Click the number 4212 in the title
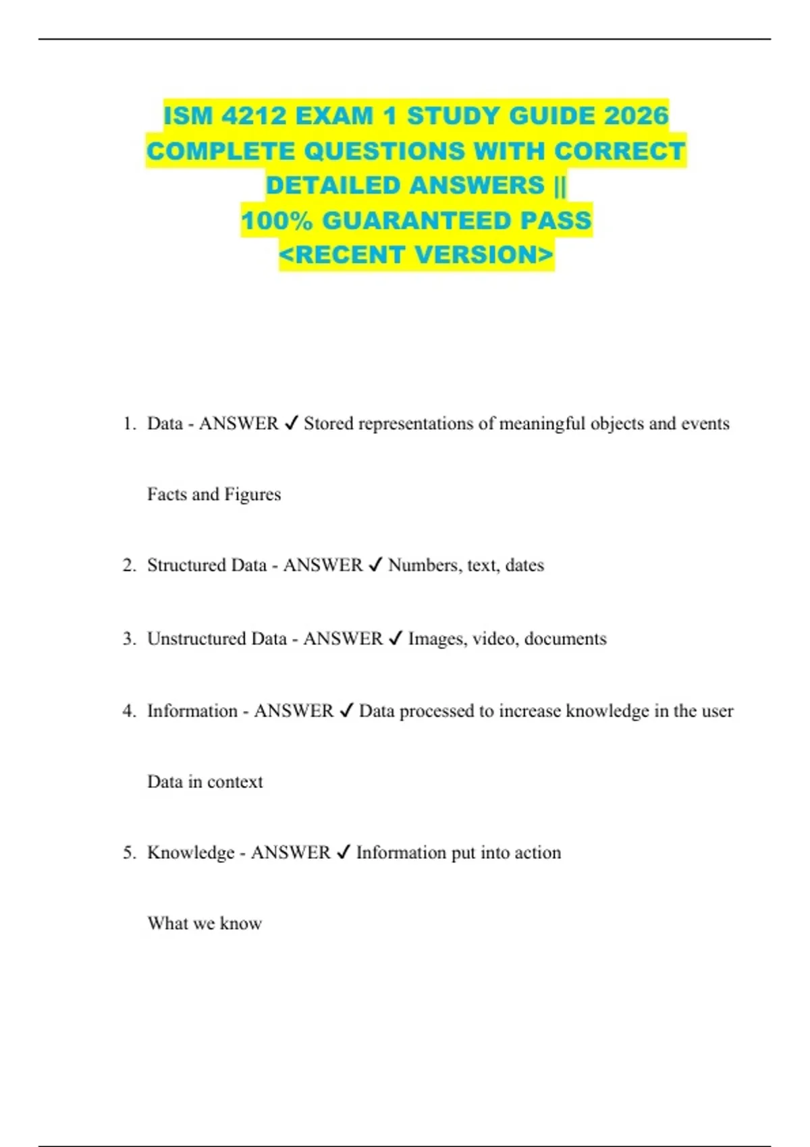coord(251,116)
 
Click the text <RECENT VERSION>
coord(416,255)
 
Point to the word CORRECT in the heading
coord(619,151)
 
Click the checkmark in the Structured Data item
coord(376,565)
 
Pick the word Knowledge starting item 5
coord(190,853)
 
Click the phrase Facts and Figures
coord(214,495)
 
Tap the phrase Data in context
coord(205,782)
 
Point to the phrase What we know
coord(205,923)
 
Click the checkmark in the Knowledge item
coord(344,853)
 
